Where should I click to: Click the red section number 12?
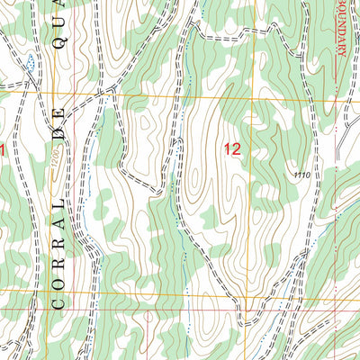pyautogui.click(x=232, y=150)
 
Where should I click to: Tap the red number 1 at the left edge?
pyautogui.click(x=3, y=150)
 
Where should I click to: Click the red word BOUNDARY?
pyautogui.click(x=343, y=36)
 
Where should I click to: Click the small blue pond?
pyautogui.click(x=31, y=62)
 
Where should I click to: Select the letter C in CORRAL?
pyautogui.click(x=58, y=303)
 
